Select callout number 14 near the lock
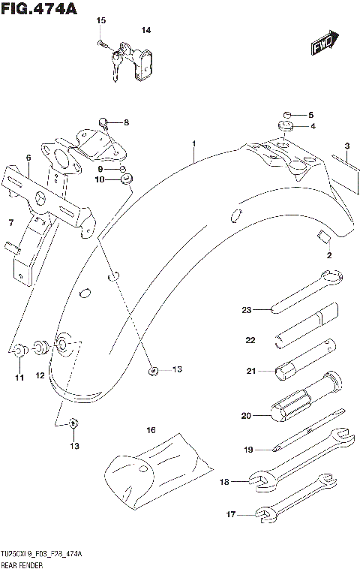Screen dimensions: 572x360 146,31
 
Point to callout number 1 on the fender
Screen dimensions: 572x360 193,143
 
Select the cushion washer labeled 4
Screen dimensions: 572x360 286,126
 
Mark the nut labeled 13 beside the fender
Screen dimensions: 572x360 153,370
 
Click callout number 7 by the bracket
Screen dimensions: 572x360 10,223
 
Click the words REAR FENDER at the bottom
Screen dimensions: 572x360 20,564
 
